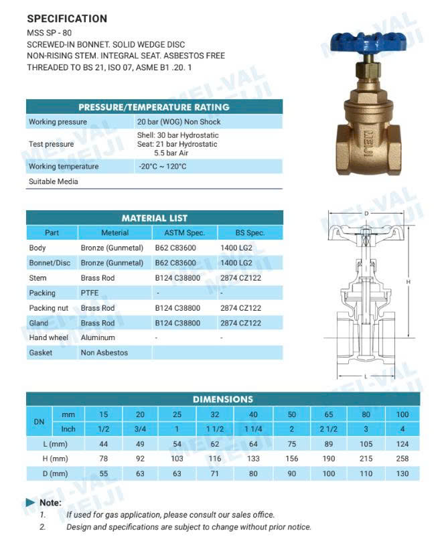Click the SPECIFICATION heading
click(x=66, y=19)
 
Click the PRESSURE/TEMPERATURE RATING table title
click(x=153, y=107)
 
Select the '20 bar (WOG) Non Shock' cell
click(x=179, y=122)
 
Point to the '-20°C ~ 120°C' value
click(x=162, y=166)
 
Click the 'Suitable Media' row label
click(x=54, y=181)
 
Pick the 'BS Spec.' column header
click(x=250, y=233)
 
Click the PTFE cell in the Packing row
click(x=90, y=293)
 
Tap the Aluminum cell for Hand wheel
click(x=98, y=337)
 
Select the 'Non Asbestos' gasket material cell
click(x=104, y=353)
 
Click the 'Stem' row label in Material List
click(x=38, y=278)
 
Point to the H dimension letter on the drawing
click(x=409, y=283)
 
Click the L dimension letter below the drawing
click(x=366, y=377)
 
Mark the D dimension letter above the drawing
click(x=366, y=214)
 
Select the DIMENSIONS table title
click(x=223, y=399)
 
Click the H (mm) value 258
click(x=403, y=458)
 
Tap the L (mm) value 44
click(x=103, y=443)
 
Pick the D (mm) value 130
click(x=403, y=473)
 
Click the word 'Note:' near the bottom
click(x=50, y=502)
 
